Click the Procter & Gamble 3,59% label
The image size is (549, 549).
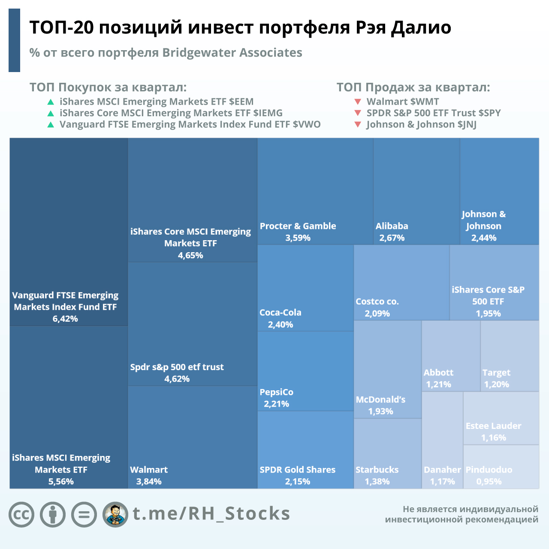pos(298,232)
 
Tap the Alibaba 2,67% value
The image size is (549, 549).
pos(392,238)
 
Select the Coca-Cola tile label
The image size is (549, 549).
pos(281,313)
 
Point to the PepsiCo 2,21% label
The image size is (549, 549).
pos(277,398)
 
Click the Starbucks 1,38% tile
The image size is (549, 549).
pos(387,454)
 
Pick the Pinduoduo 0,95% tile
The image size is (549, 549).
pos(501,467)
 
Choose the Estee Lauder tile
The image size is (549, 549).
pos(501,418)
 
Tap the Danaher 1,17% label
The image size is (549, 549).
pos(442,476)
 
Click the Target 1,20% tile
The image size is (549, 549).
pos(510,356)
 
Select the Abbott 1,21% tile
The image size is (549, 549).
pos(451,356)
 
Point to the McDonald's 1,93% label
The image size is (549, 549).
pos(380,405)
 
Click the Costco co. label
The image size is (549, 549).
pos(377,302)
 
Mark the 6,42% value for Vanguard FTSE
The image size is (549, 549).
pos(65,319)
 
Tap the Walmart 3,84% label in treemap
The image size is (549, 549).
pos(149,476)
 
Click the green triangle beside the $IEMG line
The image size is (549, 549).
pos(51,113)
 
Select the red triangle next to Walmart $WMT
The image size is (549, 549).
pos(358,102)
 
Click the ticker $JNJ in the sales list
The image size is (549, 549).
pos(467,124)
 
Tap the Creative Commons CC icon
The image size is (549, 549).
pos(21,514)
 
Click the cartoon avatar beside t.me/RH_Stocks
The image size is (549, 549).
pos(115,514)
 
